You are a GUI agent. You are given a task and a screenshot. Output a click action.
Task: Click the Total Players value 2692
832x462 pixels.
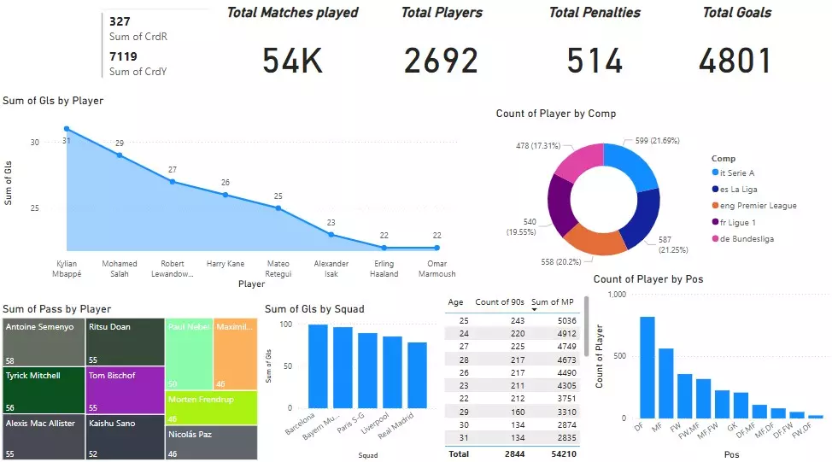coord(441,61)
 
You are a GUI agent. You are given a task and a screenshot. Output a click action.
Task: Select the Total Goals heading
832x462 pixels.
coord(736,13)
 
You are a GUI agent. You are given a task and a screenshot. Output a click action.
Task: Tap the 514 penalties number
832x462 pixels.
coord(595,61)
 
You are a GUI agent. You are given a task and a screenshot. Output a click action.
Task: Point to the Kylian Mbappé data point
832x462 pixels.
coord(67,129)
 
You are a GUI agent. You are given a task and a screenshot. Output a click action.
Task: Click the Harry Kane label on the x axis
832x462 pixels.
coord(226,264)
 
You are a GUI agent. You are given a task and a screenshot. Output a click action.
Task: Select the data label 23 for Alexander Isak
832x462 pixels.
coord(331,223)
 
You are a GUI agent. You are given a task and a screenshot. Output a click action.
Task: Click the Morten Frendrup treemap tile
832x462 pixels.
coord(211,406)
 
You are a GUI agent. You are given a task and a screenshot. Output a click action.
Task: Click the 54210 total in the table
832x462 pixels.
coord(560,453)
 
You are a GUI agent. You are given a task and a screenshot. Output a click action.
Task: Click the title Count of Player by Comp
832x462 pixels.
coord(555,114)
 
